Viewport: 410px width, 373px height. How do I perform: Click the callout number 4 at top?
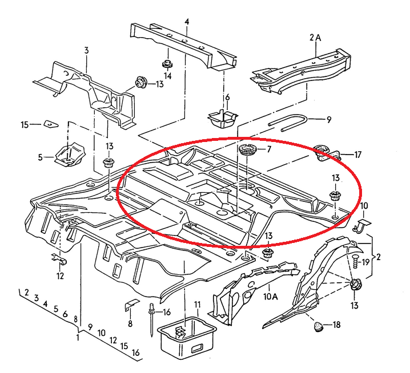coord(186,22)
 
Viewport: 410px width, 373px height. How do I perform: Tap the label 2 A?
coord(315,38)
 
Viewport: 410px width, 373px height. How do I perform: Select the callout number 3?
coord(86,51)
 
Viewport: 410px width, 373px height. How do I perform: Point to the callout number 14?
coord(168,75)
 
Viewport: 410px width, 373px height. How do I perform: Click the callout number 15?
coord(25,124)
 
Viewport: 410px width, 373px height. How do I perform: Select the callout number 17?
coord(358,155)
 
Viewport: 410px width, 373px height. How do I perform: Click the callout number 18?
coord(336,325)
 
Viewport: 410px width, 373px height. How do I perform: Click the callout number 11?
coord(196,305)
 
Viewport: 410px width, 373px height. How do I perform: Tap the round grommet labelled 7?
coord(247,152)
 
